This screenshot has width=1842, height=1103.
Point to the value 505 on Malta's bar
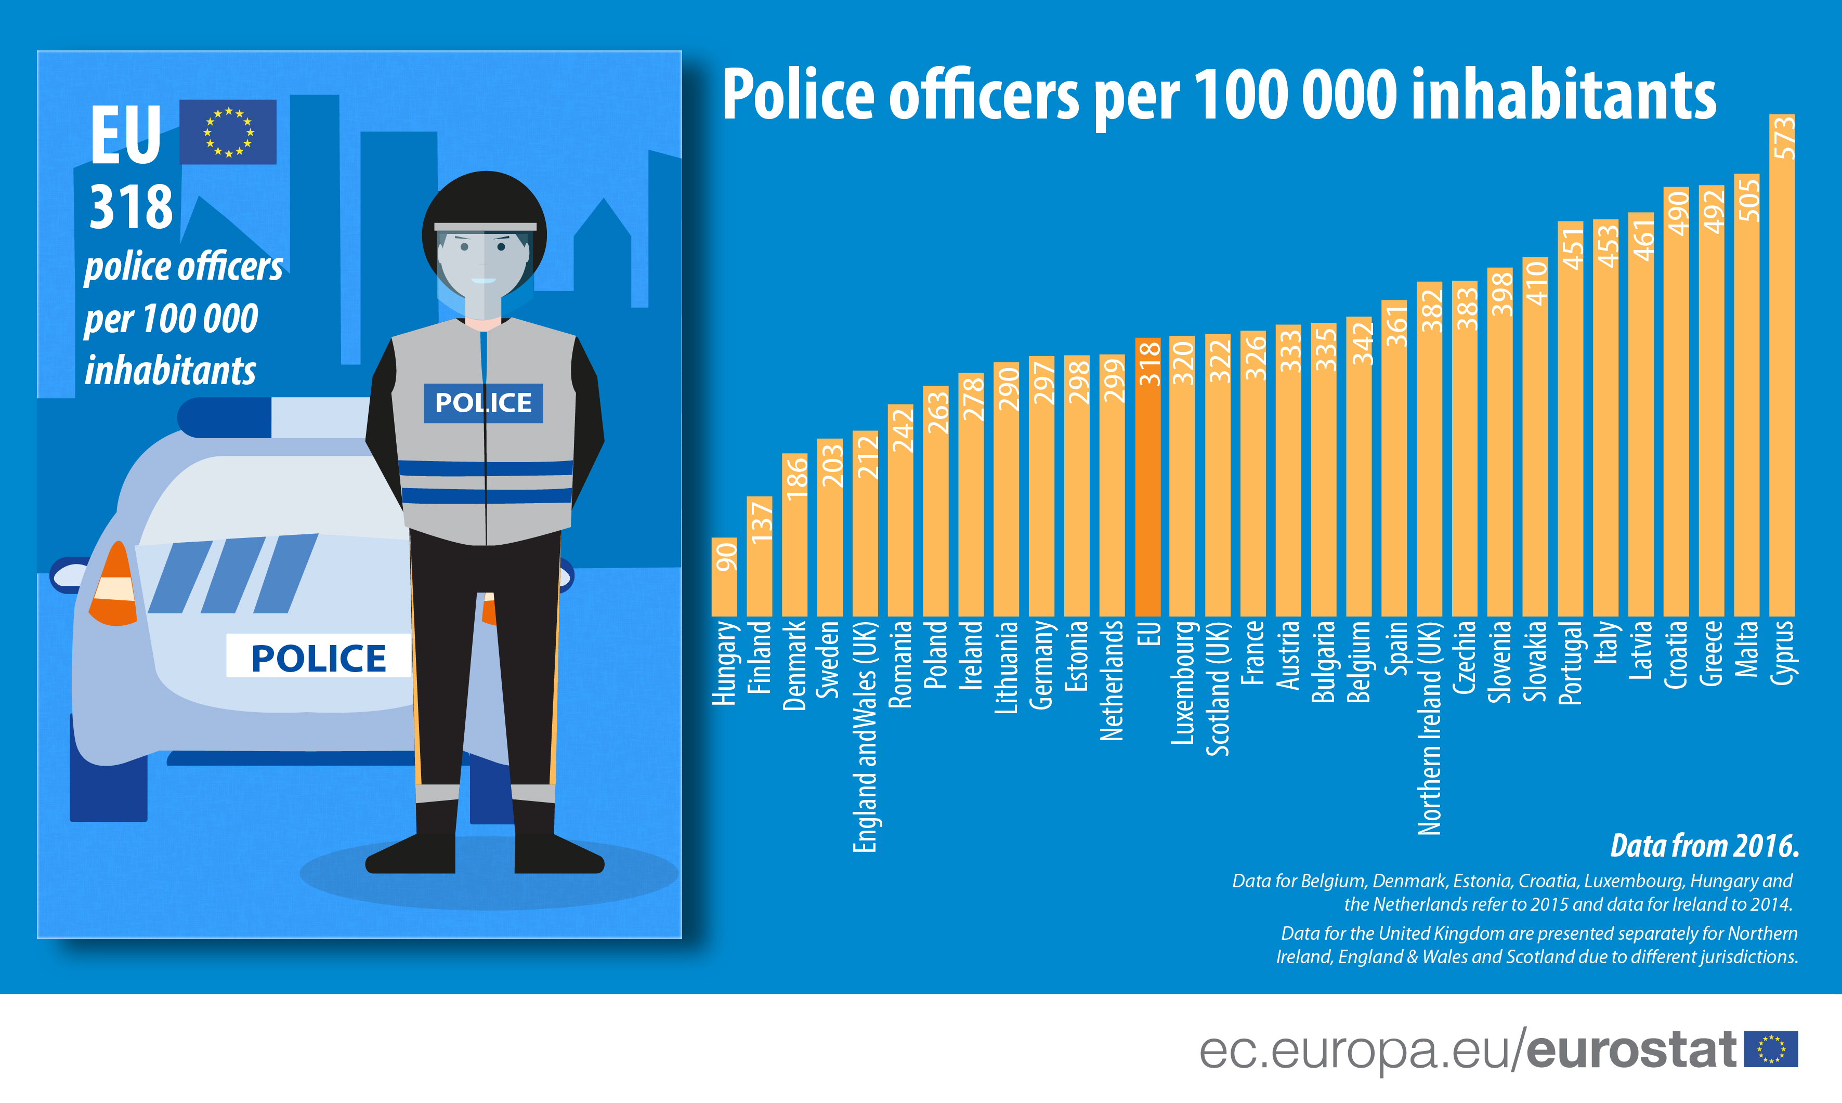(x=1747, y=199)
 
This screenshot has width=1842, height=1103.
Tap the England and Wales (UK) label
(x=865, y=736)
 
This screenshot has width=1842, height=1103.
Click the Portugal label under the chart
(x=1570, y=662)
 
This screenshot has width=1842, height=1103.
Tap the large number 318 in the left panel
(x=131, y=207)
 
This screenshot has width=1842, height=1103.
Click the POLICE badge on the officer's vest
(x=483, y=403)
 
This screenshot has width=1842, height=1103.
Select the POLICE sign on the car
(x=318, y=656)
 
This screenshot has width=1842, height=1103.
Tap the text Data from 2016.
(x=1704, y=846)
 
